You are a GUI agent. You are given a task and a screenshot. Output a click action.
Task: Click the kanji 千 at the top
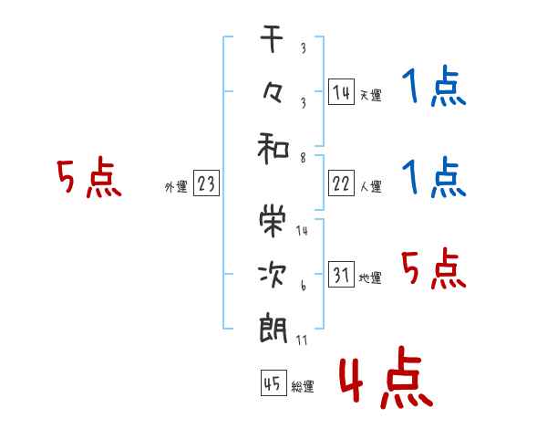point(272,39)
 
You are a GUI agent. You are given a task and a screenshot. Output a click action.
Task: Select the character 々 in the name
point(272,93)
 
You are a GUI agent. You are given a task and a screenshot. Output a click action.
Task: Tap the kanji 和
point(273,149)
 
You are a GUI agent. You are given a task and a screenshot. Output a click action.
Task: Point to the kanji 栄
point(273,221)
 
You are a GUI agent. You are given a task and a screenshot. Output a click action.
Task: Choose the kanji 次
point(272,275)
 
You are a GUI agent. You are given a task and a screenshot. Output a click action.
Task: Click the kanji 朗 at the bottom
point(273,328)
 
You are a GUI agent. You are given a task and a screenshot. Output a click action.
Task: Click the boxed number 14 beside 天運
point(341,92)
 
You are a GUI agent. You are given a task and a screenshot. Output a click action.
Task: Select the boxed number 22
point(341,183)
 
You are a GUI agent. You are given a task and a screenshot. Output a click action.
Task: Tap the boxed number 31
point(341,274)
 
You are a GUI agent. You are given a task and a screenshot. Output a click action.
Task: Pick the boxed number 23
point(206,183)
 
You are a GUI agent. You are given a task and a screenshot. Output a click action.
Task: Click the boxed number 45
point(273,382)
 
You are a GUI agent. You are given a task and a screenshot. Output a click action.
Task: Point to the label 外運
point(176,187)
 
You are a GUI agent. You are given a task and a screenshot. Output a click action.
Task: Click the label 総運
point(303,387)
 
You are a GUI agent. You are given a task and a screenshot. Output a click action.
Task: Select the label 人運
point(371,187)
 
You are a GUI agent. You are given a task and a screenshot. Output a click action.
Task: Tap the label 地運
point(370,278)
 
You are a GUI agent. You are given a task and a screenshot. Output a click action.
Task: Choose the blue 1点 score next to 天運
point(434,86)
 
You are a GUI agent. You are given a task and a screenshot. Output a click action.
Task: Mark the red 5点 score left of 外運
point(89,177)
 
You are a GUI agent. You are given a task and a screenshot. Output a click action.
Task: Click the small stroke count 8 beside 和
point(304,158)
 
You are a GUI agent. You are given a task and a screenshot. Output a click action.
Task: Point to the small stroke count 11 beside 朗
point(302,340)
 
